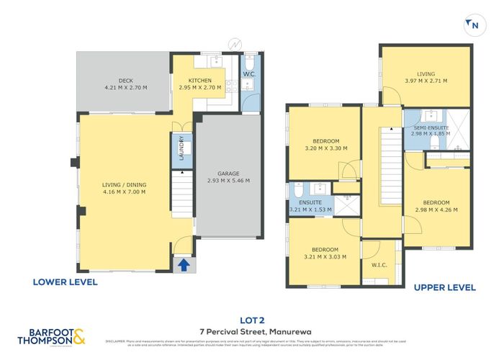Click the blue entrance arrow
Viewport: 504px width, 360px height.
184,265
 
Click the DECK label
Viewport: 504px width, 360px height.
126,80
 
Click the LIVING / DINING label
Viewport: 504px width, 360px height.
124,184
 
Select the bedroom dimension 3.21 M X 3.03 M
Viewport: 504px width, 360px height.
325,256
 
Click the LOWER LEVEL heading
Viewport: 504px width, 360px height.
65,282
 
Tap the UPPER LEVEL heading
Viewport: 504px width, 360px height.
444,287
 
